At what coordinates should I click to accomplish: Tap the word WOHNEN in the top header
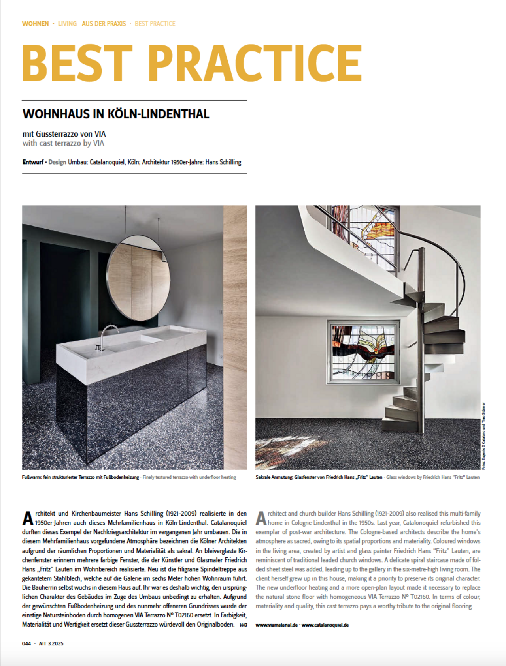[x=36, y=24]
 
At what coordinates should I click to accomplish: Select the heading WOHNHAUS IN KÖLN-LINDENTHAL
[x=116, y=114]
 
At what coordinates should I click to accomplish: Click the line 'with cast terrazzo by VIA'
[x=63, y=143]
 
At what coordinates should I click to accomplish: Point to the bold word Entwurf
[x=33, y=162]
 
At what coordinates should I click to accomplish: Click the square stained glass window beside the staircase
[x=363, y=353]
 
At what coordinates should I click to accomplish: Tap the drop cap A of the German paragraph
[x=28, y=518]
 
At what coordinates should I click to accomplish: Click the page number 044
[x=26, y=643]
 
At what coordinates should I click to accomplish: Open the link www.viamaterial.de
[x=276, y=625]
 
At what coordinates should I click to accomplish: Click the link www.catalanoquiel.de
[x=325, y=625]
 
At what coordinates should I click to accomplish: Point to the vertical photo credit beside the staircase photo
[x=483, y=436]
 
